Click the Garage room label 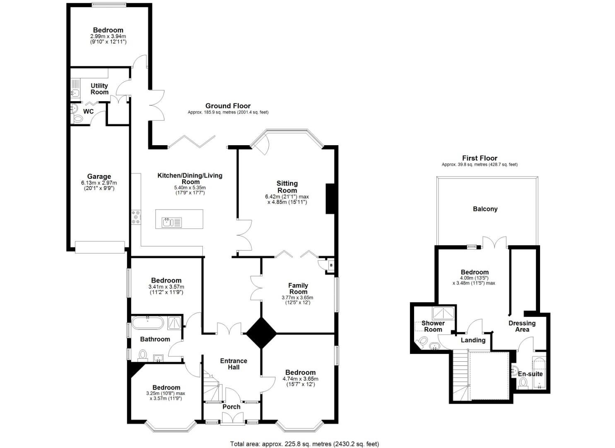point(99,176)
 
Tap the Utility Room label point(99,89)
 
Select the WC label point(88,112)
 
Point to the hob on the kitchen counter point(136,217)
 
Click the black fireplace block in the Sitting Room point(330,199)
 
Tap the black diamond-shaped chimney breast point(261,333)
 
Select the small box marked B point(330,265)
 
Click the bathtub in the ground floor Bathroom point(147,322)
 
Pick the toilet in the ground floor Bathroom point(143,355)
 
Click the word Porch point(231,407)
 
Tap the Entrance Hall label point(234,364)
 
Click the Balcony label point(485,209)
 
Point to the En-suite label point(530,374)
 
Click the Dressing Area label point(522,326)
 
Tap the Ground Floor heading point(228,106)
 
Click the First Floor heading point(480,158)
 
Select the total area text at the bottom point(304,444)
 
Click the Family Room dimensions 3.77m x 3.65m point(298,297)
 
